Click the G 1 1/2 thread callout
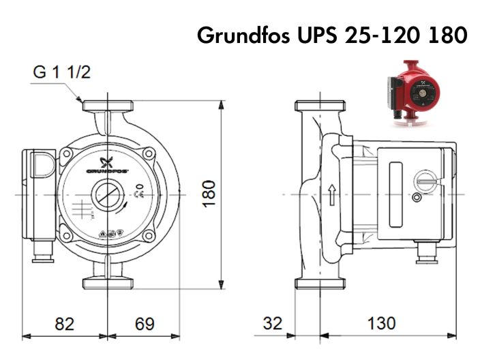pyautogui.click(x=62, y=72)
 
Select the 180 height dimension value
pyautogui.click(x=209, y=194)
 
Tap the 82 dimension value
pyautogui.click(x=65, y=324)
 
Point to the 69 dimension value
pyautogui.click(x=144, y=324)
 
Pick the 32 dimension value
pyautogui.click(x=272, y=324)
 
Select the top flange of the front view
pyautogui.click(x=108, y=106)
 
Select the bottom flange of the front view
pyautogui.click(x=108, y=283)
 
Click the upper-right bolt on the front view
pyautogui.click(x=149, y=153)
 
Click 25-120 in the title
pyautogui.click(x=382, y=35)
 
